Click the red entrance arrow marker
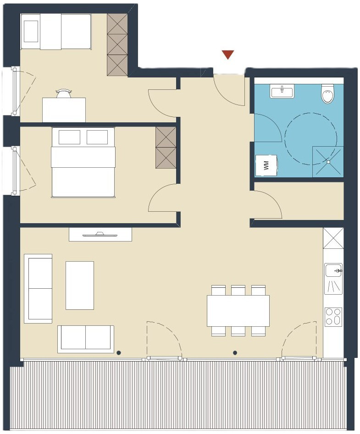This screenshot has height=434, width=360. coord(228,55)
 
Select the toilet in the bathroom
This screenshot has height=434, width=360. coord(328,93)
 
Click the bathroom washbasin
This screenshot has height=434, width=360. coord(282,91)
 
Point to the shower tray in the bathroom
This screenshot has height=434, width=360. coord(328,162)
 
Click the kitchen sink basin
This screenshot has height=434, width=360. coord(334,270)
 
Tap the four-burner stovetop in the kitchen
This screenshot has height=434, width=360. coord(334,316)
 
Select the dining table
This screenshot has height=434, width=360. coord(238,311)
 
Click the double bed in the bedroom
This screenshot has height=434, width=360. coord(83,162)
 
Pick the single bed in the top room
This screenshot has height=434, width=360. coord(56,32)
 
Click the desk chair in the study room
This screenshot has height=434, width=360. coord(63,93)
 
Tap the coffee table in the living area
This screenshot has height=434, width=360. coord(80,286)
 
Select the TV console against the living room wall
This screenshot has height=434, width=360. coord(100,235)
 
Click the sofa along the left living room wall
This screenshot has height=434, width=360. coord(38,288)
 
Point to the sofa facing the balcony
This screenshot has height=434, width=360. coord(86,339)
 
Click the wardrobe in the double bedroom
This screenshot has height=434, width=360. coord(166,148)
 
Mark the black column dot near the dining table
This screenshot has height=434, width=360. coord(235,352)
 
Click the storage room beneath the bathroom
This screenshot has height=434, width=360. coord(299,200)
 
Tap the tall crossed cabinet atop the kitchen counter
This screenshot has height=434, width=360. coord(333,238)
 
